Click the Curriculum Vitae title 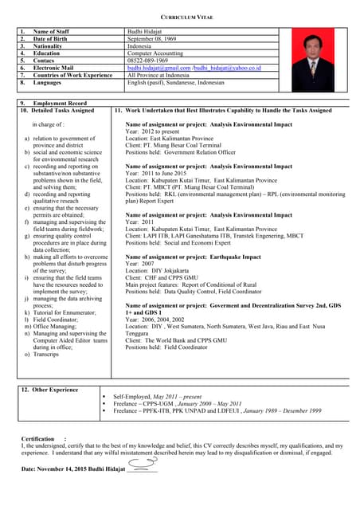click(179, 15)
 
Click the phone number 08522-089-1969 click(147, 61)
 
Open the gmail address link click(158, 68)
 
